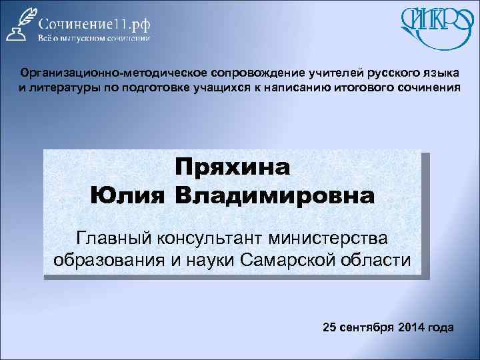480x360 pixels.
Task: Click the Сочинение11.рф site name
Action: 93,23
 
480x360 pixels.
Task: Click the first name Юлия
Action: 130,197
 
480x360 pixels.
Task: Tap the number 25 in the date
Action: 329,327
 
